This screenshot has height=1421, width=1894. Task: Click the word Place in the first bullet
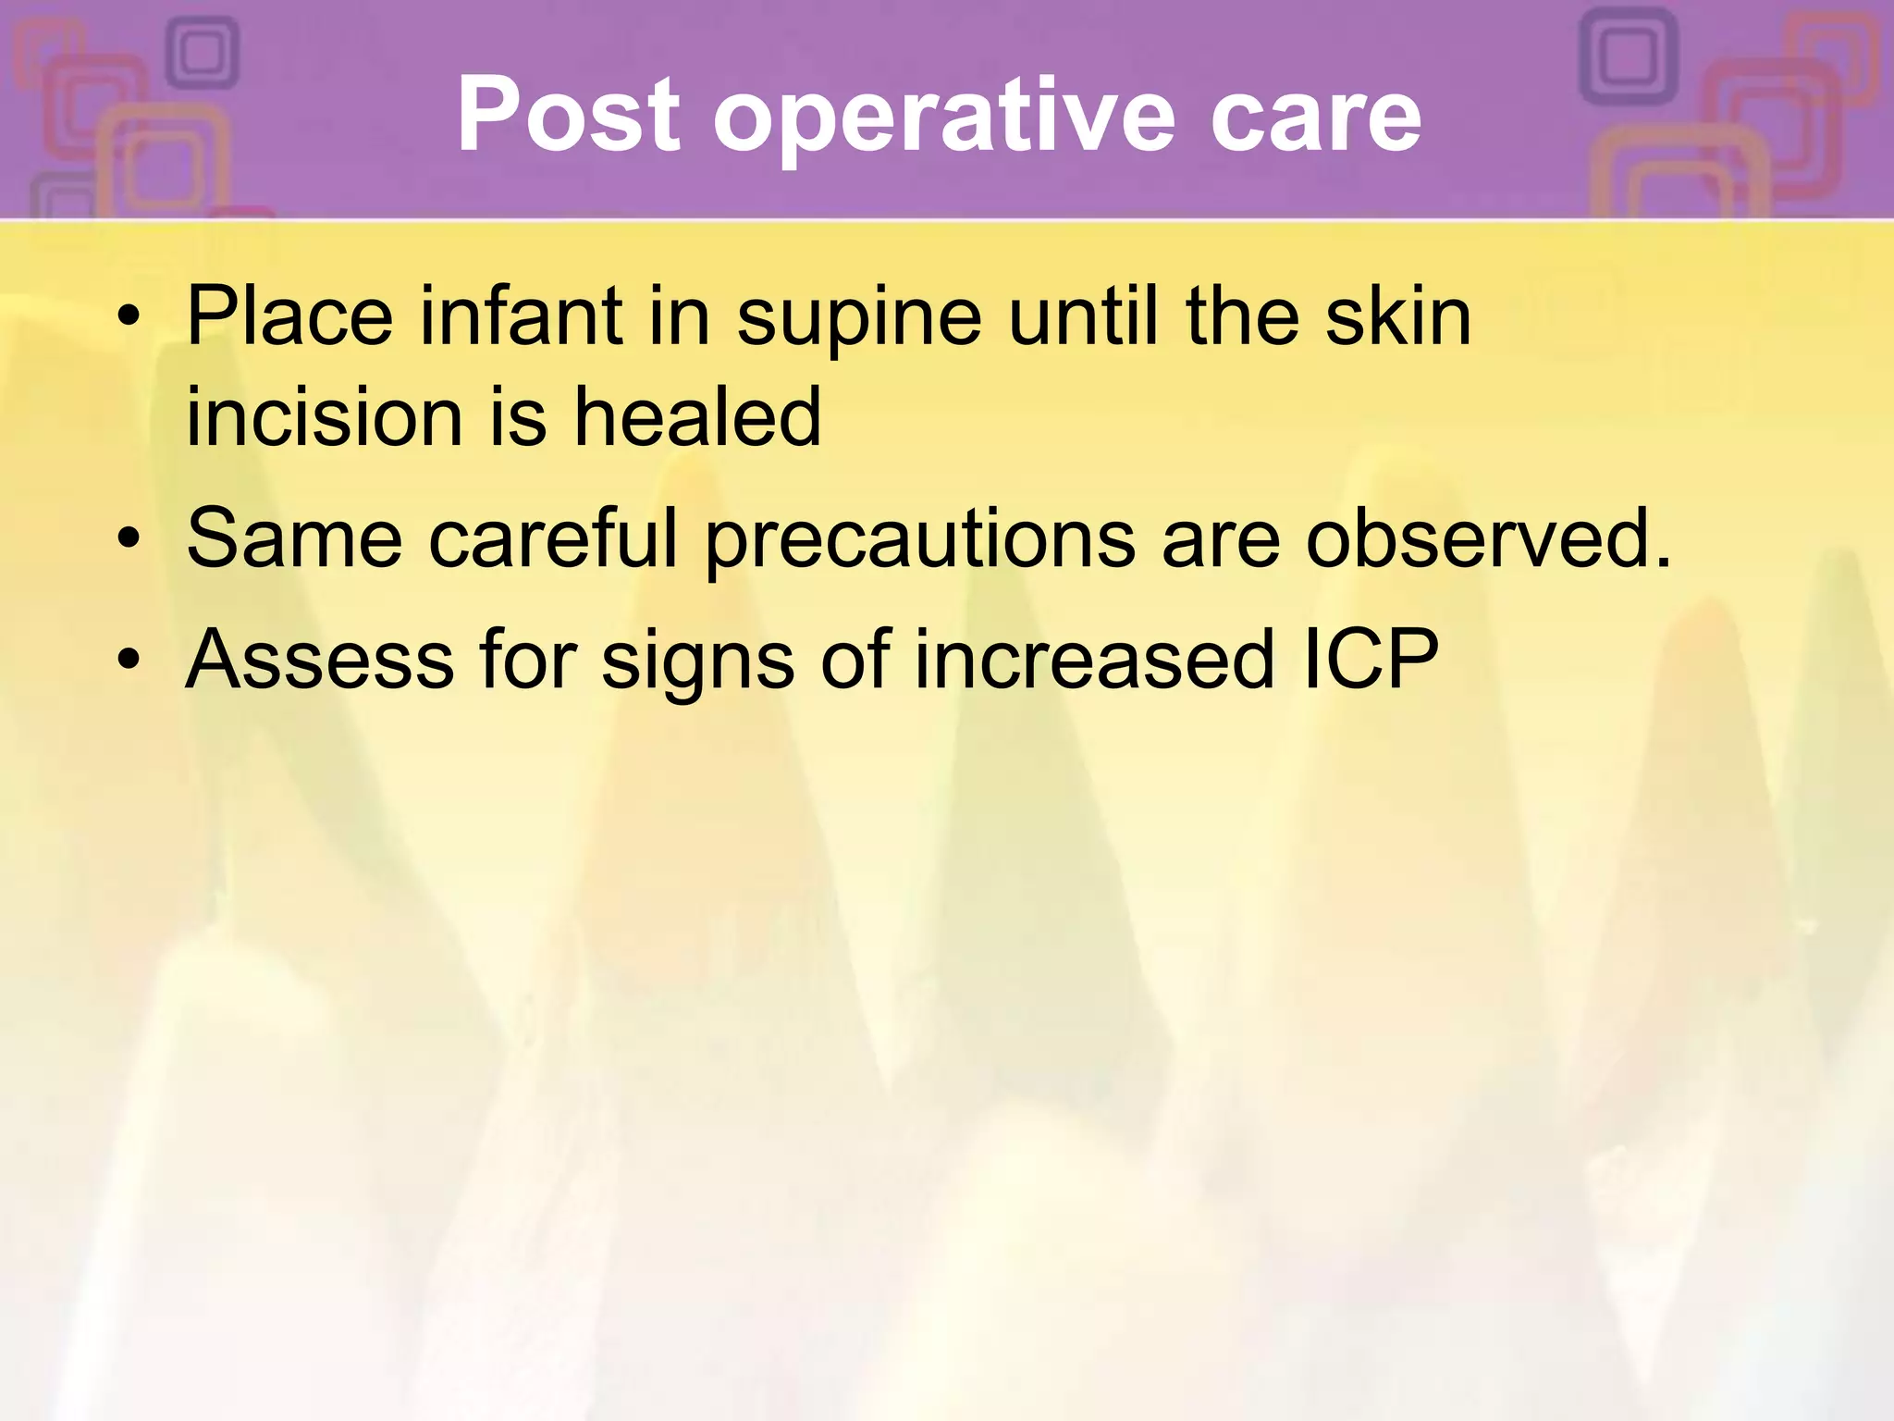(x=289, y=317)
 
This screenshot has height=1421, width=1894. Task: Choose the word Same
(x=294, y=538)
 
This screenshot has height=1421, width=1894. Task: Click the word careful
(x=553, y=538)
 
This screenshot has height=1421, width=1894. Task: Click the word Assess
(x=319, y=660)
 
